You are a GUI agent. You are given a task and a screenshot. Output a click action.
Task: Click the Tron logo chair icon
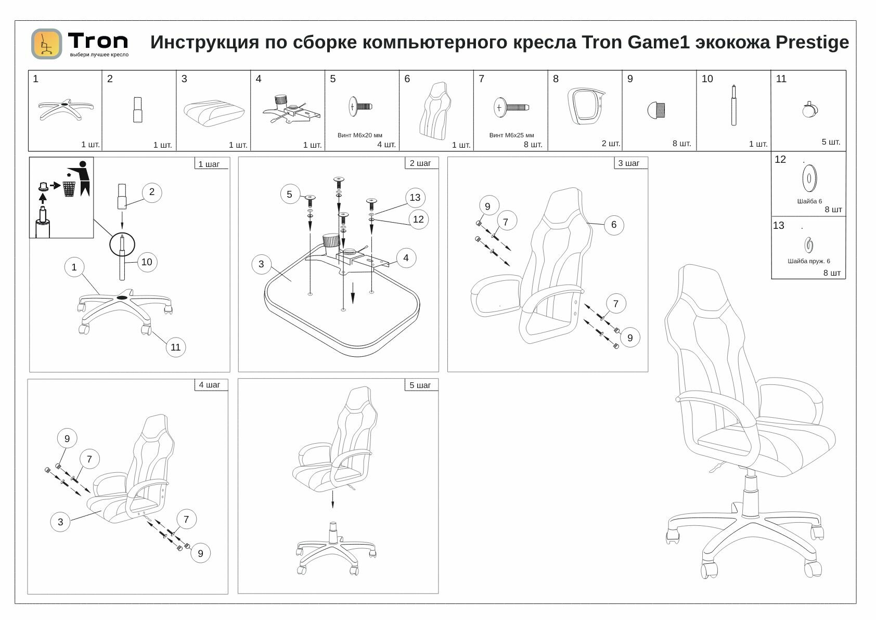[46, 44]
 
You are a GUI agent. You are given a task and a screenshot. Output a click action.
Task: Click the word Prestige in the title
[812, 42]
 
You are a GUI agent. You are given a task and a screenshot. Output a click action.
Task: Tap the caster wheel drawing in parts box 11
[809, 109]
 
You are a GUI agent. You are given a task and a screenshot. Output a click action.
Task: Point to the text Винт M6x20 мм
[360, 135]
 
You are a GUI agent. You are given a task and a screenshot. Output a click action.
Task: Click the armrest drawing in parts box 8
[585, 106]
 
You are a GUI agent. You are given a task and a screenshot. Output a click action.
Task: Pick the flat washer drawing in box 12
[809, 178]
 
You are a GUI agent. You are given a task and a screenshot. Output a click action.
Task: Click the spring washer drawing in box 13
[808, 243]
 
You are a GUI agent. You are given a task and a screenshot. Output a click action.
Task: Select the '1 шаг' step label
[209, 164]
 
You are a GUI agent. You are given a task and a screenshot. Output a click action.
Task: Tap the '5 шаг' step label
[420, 385]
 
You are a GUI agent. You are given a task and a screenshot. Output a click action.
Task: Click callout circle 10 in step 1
[147, 262]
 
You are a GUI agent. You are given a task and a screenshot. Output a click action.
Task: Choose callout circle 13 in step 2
[415, 198]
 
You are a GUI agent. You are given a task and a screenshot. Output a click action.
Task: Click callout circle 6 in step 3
[614, 225]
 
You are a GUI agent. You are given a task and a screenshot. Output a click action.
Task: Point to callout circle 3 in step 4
[60, 522]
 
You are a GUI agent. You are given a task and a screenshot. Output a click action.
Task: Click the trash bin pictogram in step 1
[69, 188]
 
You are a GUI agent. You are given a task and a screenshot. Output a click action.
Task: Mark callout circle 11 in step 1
[176, 347]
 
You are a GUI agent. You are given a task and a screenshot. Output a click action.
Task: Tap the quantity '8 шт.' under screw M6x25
[533, 145]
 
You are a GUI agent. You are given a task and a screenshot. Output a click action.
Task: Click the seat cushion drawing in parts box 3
[214, 111]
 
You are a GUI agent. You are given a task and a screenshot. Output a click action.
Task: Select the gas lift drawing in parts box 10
[734, 105]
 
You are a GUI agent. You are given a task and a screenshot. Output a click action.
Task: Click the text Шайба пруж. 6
[809, 261]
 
